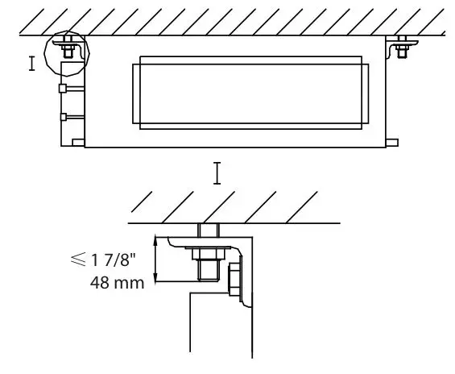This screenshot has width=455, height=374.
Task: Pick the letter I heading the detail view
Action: (217, 172)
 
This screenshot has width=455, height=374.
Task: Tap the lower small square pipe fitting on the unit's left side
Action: (62, 117)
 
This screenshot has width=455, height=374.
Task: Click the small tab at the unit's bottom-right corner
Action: (391, 143)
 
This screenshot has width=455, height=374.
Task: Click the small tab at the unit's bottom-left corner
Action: (78, 143)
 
